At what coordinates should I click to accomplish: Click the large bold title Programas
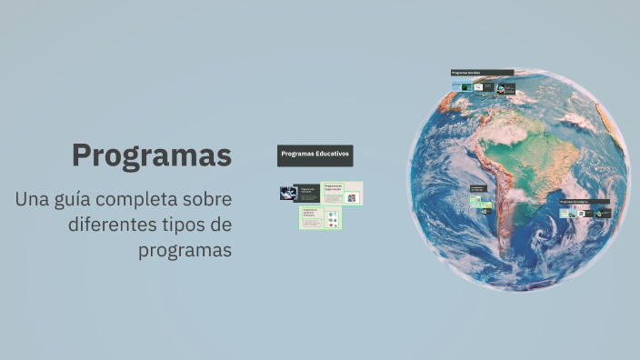(152, 155)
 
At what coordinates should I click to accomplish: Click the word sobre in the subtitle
(209, 199)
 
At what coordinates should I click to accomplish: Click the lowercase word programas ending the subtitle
(185, 250)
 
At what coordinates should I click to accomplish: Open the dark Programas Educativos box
(315, 155)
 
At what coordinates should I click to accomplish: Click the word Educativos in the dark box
(330, 155)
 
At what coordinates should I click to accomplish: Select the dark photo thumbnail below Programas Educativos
(289, 193)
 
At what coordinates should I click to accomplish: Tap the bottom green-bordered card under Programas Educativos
(321, 218)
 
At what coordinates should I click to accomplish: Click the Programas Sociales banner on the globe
(482, 73)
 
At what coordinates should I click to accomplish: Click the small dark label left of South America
(478, 188)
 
